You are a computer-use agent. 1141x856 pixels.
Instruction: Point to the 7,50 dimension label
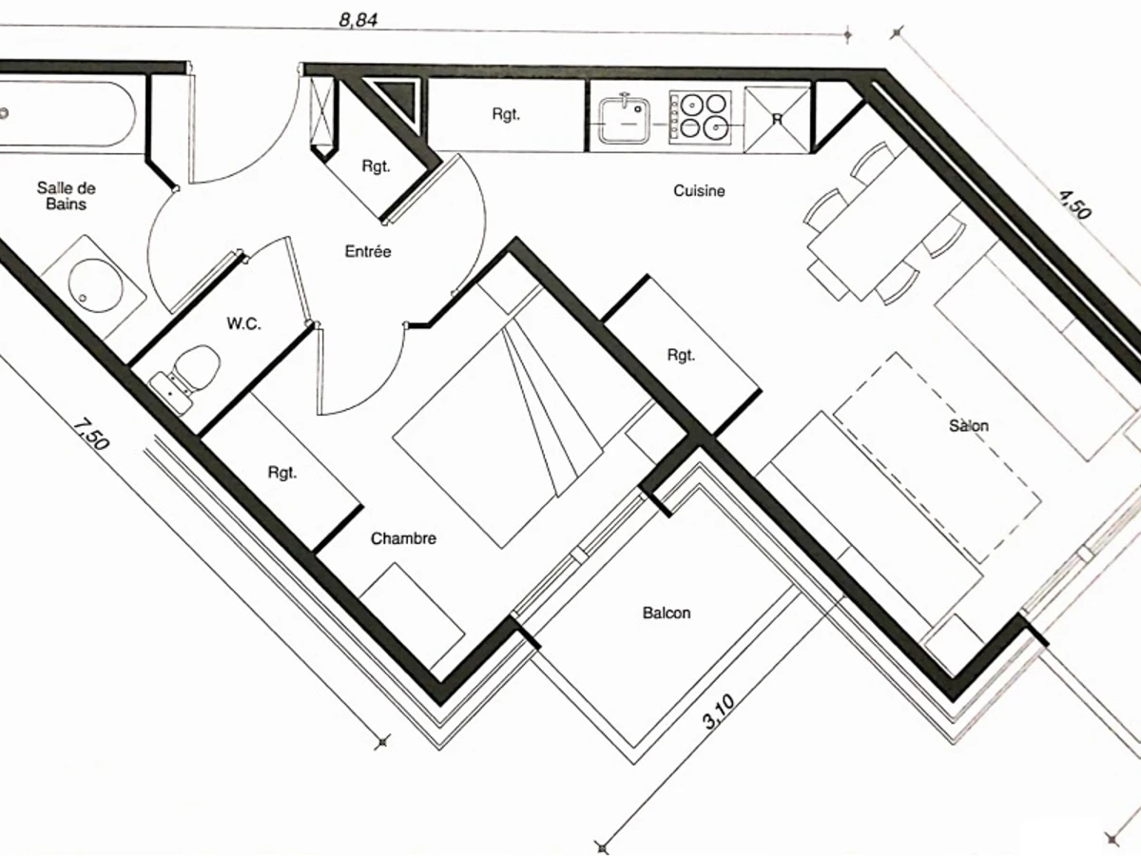click(x=90, y=436)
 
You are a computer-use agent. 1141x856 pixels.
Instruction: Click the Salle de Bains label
click(x=66, y=195)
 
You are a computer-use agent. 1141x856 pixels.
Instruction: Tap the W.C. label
click(x=243, y=323)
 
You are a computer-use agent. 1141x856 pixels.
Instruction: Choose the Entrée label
click(x=368, y=251)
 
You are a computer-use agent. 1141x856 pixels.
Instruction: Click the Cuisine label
click(x=699, y=190)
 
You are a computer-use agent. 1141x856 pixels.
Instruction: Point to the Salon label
click(x=968, y=425)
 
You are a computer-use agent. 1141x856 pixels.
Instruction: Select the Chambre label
click(x=403, y=538)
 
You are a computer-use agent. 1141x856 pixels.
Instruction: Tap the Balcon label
click(x=667, y=613)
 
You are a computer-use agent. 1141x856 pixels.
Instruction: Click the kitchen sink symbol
click(x=625, y=118)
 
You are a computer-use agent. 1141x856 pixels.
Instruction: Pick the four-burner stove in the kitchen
click(x=701, y=118)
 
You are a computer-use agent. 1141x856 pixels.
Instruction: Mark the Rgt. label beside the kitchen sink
click(x=506, y=114)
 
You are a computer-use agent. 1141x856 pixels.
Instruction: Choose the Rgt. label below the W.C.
click(x=282, y=472)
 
